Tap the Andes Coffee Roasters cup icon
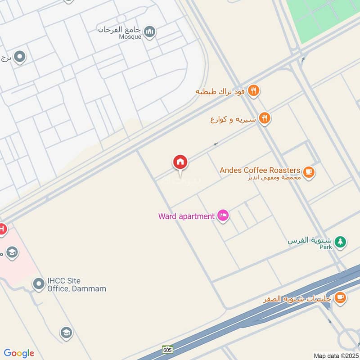[309, 171]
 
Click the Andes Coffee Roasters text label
[260, 170]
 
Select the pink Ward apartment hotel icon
[223, 216]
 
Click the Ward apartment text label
[186, 216]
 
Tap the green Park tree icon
[341, 242]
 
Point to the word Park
[326, 247]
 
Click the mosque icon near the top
[151, 31]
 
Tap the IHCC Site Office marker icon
[38, 284]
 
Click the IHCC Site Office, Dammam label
[76, 284]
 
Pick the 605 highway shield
[167, 350]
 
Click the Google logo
[19, 353]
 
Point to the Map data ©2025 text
[336, 355]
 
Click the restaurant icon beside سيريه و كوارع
[265, 118]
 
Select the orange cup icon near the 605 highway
[340, 297]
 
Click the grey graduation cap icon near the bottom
[66, 333]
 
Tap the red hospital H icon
[2, 229]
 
